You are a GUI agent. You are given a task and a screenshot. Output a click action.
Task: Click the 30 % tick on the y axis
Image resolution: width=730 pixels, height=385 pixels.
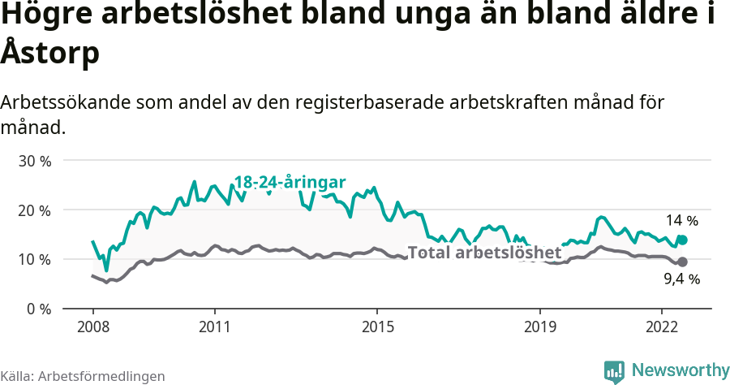pos(34,161)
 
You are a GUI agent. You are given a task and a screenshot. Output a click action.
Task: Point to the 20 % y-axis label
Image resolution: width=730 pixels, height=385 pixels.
pos(34,210)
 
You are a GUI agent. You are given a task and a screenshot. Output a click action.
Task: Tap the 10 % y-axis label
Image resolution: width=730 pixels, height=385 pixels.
pos(34,260)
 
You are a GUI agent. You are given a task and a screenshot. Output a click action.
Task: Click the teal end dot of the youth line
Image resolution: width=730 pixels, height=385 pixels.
pos(683,240)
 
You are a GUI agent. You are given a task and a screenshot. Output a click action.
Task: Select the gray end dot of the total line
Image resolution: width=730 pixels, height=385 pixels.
pos(683,262)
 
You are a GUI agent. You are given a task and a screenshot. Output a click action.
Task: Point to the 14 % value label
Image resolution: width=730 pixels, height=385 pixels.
pos(681,221)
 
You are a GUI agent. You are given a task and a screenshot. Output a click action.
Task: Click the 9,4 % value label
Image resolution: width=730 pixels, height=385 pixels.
pos(681,279)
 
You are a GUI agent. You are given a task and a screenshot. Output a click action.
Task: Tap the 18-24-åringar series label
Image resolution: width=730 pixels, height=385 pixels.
pos(290,182)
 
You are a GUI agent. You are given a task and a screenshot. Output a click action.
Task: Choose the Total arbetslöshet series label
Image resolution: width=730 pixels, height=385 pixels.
pos(484,252)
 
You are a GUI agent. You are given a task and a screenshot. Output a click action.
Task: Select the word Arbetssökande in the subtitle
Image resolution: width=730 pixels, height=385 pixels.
pos(65,103)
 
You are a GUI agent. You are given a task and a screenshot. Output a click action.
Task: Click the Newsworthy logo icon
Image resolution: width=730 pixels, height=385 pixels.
pos(614,371)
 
